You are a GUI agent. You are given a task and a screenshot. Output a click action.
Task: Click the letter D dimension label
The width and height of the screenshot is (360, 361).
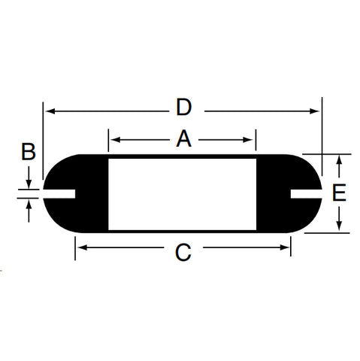184,107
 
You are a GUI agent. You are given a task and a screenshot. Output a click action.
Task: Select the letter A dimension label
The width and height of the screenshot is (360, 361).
184,138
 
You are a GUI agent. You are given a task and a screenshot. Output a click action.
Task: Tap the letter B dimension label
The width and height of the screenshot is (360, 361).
29,151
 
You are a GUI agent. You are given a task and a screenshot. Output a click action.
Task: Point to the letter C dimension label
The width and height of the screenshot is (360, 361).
183,253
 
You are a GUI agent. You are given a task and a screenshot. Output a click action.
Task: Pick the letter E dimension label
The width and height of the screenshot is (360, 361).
339,193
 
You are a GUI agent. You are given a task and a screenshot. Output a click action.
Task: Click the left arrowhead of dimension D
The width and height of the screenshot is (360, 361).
50,111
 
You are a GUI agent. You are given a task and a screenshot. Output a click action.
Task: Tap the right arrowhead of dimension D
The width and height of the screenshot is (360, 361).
314,111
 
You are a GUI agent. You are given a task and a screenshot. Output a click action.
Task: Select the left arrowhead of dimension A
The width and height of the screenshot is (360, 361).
115,140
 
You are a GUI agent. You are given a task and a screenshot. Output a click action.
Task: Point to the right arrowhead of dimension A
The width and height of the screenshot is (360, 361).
248,140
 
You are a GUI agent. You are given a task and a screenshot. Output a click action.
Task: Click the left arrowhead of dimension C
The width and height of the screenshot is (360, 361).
83,247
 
